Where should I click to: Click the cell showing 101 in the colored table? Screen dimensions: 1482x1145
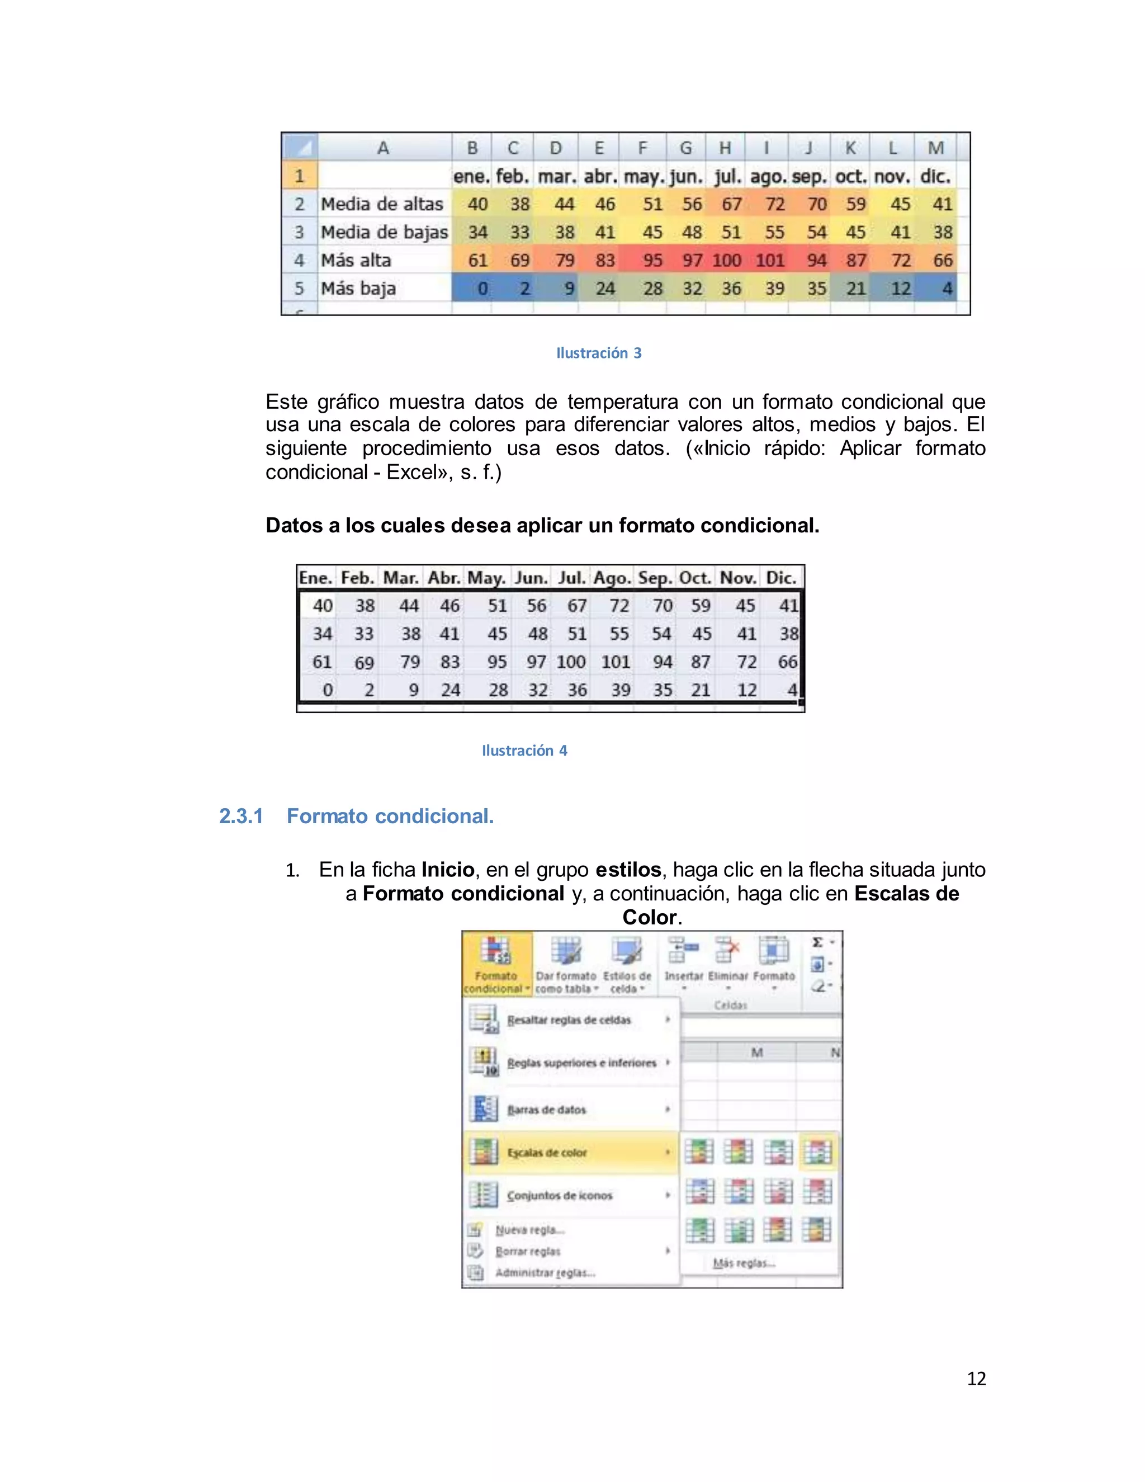pyautogui.click(x=769, y=261)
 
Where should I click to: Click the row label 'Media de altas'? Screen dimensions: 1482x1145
pyautogui.click(x=382, y=204)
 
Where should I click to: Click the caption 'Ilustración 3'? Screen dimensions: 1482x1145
pyautogui.click(x=598, y=353)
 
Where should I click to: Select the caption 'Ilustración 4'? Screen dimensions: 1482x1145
pyautogui.click(x=524, y=751)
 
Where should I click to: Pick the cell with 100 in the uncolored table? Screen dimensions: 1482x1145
pyautogui.click(x=571, y=662)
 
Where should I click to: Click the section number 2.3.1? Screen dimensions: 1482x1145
pyautogui.click(x=241, y=816)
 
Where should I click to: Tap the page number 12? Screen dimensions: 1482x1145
pyautogui.click(x=976, y=1379)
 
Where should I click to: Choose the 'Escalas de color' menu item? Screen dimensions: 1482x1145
pyautogui.click(x=547, y=1152)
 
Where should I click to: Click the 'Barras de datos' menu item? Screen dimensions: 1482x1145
pyautogui.click(x=546, y=1110)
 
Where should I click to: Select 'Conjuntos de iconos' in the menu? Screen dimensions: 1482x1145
pyautogui.click(x=559, y=1195)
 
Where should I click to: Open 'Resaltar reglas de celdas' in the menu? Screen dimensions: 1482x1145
pyautogui.click(x=569, y=1020)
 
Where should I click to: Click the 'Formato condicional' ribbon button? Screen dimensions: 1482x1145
pyautogui.click(x=496, y=964)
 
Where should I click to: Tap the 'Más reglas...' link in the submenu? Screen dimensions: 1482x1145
pyautogui.click(x=744, y=1263)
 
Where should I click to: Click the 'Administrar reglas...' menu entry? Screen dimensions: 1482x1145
pyautogui.click(x=545, y=1272)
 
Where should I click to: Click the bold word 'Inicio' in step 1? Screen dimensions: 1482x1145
pyautogui.click(x=448, y=870)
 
